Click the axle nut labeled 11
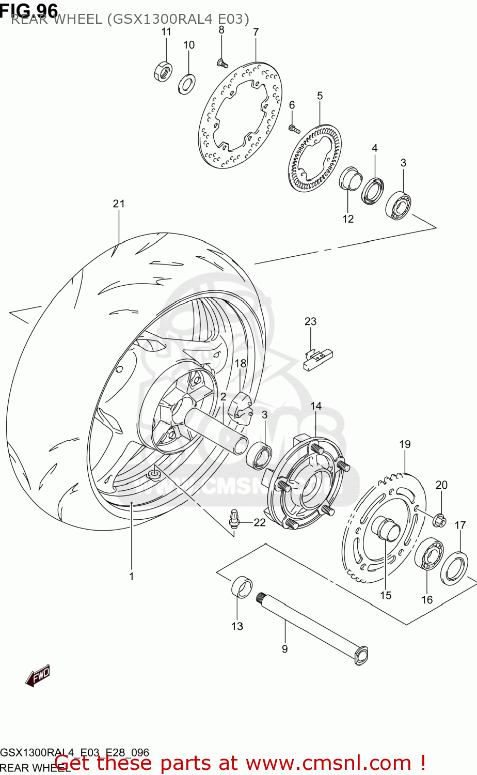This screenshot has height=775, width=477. click(x=163, y=71)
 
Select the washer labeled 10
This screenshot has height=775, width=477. click(x=186, y=84)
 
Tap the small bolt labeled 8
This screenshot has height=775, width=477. click(x=222, y=64)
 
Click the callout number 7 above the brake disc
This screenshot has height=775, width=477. click(x=256, y=32)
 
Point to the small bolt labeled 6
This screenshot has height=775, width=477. click(x=293, y=128)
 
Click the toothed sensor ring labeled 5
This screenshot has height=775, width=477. click(x=314, y=160)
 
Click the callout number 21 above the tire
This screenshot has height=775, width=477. click(x=119, y=204)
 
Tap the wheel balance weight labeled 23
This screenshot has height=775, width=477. click(x=317, y=359)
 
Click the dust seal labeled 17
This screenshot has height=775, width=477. click(x=454, y=568)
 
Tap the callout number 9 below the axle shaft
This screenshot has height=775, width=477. click(x=284, y=649)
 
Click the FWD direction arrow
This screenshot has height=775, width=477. click(x=38, y=675)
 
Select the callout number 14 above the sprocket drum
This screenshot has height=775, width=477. click(x=316, y=406)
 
